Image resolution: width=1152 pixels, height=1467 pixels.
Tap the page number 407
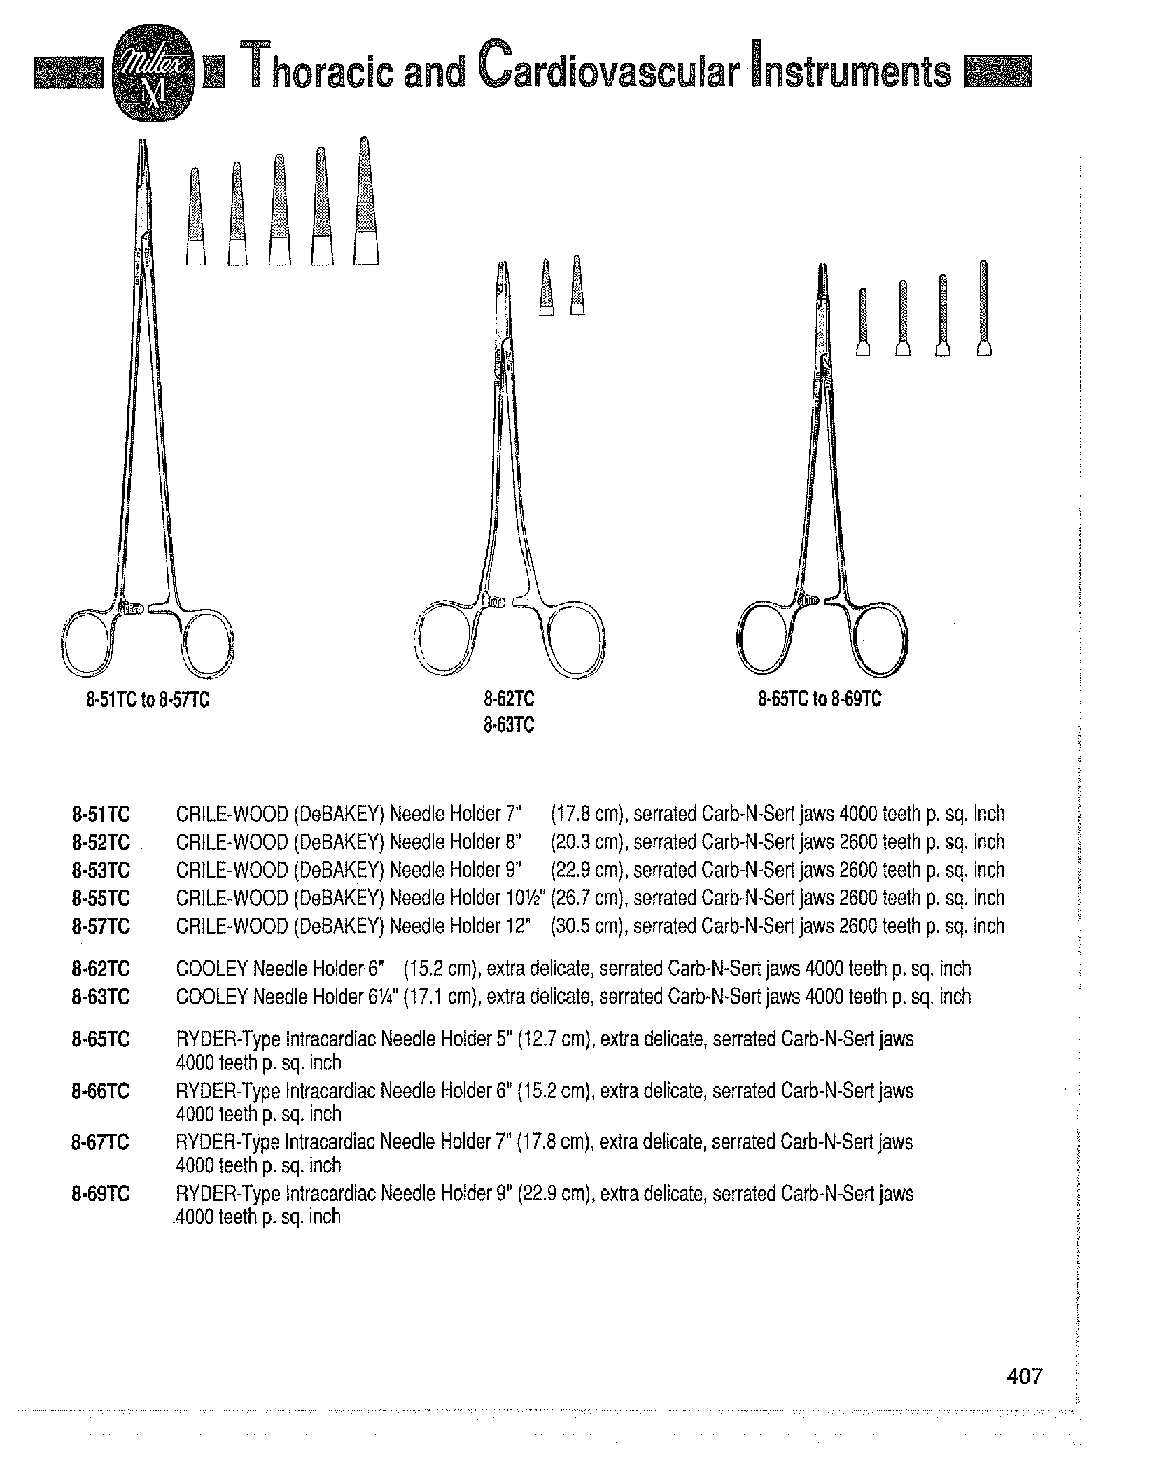(1025, 1376)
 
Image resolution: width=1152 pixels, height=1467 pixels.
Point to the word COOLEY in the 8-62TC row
(212, 969)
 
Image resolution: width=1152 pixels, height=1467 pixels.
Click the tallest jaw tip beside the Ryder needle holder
(984, 309)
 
